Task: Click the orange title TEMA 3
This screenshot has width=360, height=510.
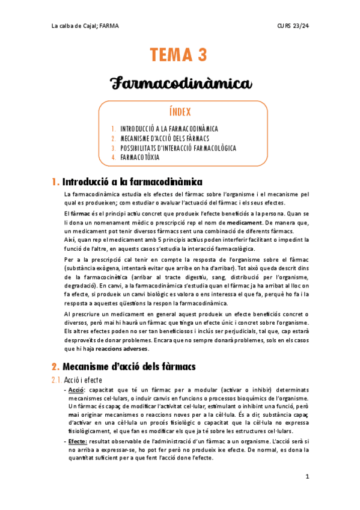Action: click(x=179, y=55)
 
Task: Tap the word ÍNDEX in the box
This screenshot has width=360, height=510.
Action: click(x=179, y=111)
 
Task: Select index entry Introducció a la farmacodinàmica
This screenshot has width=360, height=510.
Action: click(x=169, y=129)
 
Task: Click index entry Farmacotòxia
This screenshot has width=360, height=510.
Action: click(x=140, y=158)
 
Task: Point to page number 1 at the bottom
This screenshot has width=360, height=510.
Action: click(x=307, y=477)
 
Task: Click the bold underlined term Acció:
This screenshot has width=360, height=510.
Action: click(x=78, y=391)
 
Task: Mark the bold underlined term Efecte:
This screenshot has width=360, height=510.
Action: click(x=79, y=441)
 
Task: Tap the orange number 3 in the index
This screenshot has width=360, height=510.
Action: click(x=113, y=148)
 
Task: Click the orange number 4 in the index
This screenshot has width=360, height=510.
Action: click(x=113, y=158)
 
